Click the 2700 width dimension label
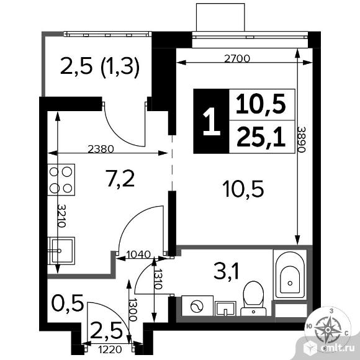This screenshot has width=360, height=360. click(x=236, y=60)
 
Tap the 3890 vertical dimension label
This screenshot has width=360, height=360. click(x=302, y=144)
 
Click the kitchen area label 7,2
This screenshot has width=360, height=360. click(x=120, y=180)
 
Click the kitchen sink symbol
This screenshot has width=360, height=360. click(x=61, y=250)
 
